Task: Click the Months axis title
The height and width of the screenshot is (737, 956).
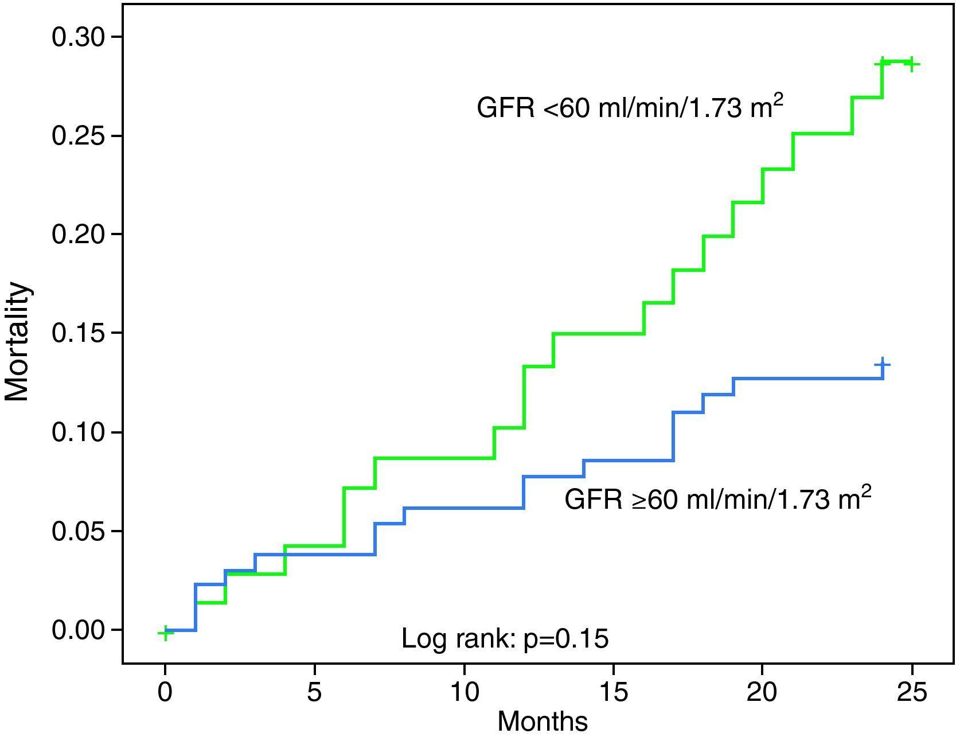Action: click(x=543, y=722)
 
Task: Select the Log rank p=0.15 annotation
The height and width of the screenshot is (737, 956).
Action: click(x=505, y=638)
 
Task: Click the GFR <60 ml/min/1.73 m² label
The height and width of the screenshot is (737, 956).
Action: click(x=630, y=107)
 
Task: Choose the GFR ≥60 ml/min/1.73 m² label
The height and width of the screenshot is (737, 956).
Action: click(x=717, y=498)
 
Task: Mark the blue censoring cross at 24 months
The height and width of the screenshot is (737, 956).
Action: click(x=883, y=364)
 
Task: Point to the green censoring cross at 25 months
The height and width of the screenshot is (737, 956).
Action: click(x=910, y=64)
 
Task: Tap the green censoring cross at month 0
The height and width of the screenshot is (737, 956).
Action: click(x=165, y=633)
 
